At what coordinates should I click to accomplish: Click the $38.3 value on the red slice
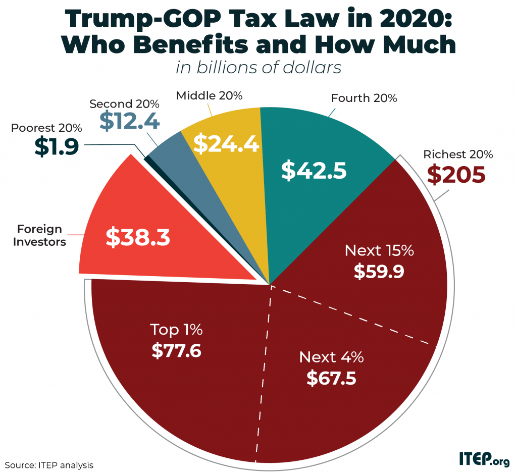coord(137,237)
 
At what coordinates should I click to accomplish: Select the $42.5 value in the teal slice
coord(314,170)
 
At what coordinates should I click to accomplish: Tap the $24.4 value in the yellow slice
coord(227,144)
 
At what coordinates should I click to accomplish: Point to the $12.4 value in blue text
coord(129,121)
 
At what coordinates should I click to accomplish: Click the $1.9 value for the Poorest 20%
coord(57,146)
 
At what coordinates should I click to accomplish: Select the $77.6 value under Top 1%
coord(177,349)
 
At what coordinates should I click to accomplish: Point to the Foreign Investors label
coord(39,235)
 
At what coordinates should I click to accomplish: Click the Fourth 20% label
coord(364,98)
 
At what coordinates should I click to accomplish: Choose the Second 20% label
coord(124,104)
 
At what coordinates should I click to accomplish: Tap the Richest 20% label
coord(458,154)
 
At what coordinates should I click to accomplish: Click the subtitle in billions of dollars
coord(258,67)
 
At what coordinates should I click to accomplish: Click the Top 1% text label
coord(177,330)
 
